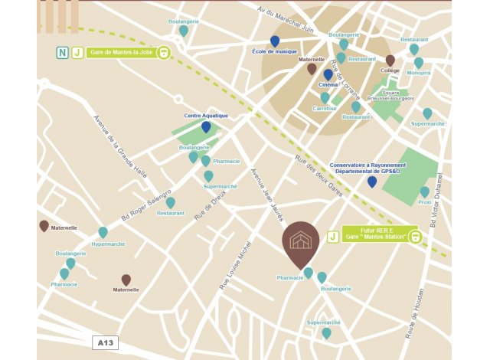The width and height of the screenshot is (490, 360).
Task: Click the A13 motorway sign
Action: [x=106, y=342]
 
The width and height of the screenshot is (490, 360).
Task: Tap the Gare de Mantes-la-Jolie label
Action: [x=119, y=53]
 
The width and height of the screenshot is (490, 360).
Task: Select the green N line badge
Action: [x=62, y=53]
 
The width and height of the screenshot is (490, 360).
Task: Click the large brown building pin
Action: [x=301, y=243]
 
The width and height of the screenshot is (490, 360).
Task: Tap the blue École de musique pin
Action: [x=275, y=41]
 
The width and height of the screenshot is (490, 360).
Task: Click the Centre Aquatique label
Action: [x=206, y=116]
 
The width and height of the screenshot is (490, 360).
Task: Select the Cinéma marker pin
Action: [x=328, y=75]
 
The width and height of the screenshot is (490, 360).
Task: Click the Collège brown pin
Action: [x=390, y=61]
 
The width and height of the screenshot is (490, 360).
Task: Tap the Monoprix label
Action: [x=419, y=73]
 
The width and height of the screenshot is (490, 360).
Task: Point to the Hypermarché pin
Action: [x=103, y=232]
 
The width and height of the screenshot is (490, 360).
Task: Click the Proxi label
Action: [x=424, y=202]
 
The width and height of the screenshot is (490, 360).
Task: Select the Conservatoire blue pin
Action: [x=372, y=182]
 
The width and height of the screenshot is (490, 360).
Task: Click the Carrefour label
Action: [x=325, y=109]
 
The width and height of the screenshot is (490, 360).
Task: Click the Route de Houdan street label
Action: [x=420, y=318]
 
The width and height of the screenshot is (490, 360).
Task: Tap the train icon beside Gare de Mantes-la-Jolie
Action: [x=163, y=53]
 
